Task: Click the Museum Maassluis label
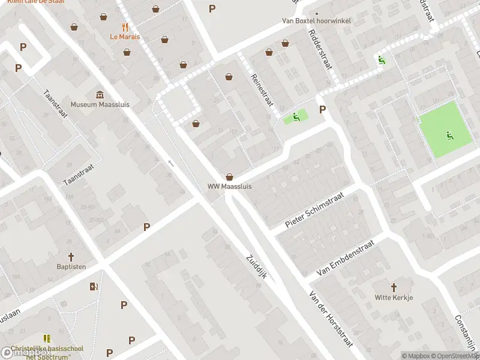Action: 100,104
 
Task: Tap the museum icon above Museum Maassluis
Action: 100,95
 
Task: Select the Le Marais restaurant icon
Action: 125,27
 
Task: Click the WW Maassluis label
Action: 230,187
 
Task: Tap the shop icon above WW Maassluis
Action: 229,177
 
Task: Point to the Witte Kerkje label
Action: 394,298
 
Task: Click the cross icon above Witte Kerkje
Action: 394,288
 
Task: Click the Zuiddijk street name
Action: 259,268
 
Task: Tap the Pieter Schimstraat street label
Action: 314,211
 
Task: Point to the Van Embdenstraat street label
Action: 345,258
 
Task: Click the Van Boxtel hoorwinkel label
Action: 317,20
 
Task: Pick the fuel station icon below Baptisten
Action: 94,286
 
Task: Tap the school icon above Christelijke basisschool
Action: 47,338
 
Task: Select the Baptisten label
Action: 71,266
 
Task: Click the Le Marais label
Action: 125,37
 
